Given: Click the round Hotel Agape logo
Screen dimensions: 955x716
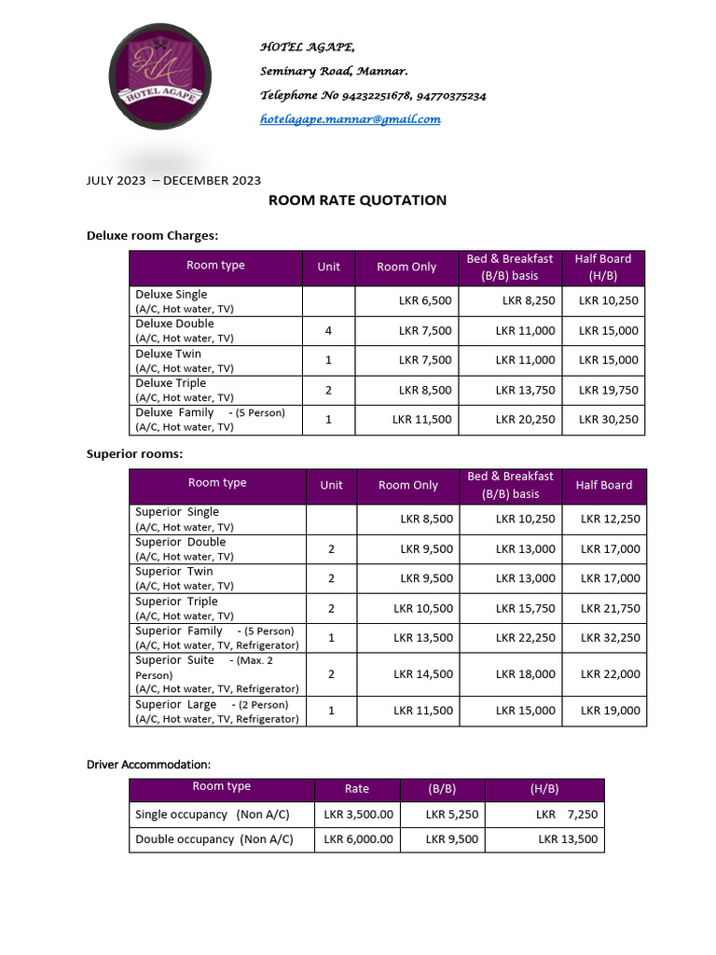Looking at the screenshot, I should (x=159, y=76).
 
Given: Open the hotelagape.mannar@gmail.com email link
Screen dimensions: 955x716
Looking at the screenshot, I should (x=350, y=119).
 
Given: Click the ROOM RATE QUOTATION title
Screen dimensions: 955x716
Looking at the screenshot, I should (x=357, y=200).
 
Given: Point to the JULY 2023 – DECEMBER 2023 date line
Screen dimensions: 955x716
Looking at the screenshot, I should (x=173, y=180).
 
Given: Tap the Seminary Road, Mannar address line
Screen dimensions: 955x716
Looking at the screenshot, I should (x=333, y=71).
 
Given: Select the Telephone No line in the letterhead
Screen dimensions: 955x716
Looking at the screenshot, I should (x=372, y=95).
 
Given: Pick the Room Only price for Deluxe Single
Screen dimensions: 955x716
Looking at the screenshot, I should (x=425, y=300).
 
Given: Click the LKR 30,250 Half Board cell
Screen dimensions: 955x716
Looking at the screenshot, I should (x=608, y=420).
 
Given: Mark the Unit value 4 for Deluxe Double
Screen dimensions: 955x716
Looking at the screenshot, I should (x=328, y=330).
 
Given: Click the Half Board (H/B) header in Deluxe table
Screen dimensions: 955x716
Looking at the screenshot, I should (x=603, y=267).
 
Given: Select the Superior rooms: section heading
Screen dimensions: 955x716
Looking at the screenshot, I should (x=134, y=454).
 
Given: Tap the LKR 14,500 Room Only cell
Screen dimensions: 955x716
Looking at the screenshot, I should (x=423, y=673).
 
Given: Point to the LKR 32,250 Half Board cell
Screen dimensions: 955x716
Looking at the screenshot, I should (x=610, y=638).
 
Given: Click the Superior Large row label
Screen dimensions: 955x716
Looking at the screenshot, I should (x=177, y=704).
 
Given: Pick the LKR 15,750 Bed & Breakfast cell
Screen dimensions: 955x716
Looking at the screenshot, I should (x=525, y=608).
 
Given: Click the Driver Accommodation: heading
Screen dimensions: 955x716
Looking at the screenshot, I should (x=148, y=765).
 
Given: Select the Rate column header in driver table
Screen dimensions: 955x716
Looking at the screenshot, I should (x=356, y=789).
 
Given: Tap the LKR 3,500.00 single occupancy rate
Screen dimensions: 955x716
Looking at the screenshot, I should (x=358, y=814).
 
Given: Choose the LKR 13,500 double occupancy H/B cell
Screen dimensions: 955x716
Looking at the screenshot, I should (x=568, y=839).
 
